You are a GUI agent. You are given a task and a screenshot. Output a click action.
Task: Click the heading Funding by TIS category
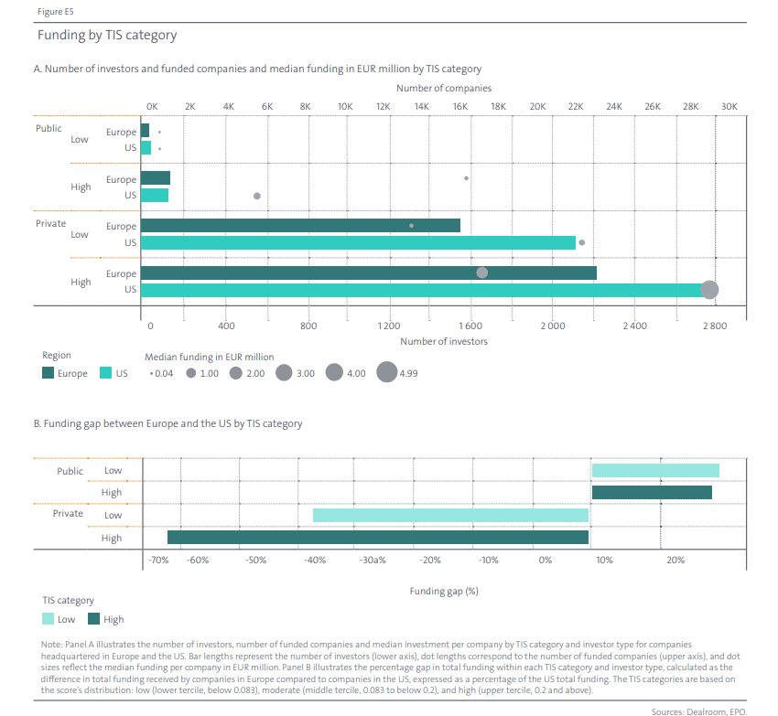(107, 36)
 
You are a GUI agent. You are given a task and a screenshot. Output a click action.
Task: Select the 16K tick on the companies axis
(459, 107)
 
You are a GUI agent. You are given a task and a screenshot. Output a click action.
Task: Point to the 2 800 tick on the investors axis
(715, 326)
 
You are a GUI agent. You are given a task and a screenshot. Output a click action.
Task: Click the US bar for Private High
(426, 290)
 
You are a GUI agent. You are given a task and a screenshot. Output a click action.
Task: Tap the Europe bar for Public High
(156, 178)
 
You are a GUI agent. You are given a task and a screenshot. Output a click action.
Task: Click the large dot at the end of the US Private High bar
(709, 290)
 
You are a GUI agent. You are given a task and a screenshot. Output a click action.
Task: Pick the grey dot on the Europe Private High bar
(482, 273)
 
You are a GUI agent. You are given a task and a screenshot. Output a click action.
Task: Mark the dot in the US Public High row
(257, 196)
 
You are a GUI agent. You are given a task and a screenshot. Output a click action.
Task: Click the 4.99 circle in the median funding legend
(387, 373)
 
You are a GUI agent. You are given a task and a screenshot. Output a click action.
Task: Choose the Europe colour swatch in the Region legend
(49, 373)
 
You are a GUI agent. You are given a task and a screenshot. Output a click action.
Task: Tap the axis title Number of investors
(444, 341)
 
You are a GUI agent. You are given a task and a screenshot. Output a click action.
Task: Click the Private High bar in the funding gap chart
(377, 538)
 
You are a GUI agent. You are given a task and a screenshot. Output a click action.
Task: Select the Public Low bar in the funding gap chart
(655, 470)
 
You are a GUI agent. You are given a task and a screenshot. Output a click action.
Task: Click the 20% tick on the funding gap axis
(675, 560)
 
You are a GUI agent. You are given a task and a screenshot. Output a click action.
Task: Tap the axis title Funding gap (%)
(444, 591)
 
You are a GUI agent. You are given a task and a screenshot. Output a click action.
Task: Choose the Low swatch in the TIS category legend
(49, 619)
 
